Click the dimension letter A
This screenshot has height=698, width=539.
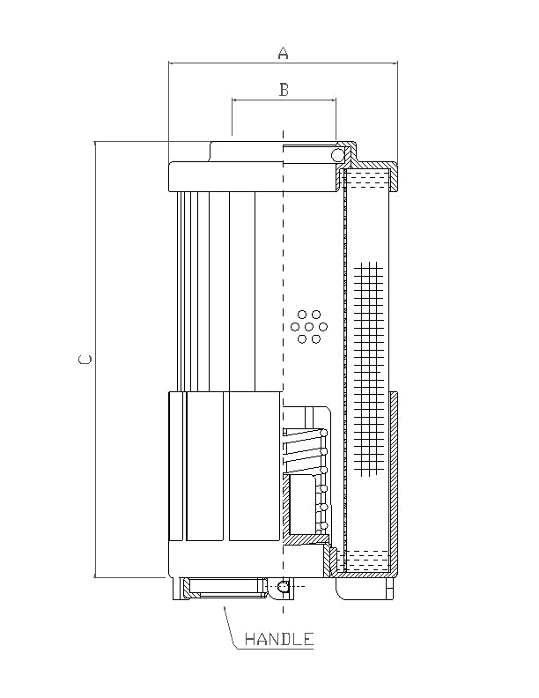point(283,53)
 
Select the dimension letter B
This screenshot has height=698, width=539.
point(284,89)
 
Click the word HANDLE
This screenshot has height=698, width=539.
point(279,639)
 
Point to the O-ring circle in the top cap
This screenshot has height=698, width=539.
point(337,156)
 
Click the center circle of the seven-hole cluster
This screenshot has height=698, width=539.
point(309,326)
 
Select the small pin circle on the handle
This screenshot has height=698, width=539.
point(282,586)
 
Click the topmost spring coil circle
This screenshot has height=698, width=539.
point(323,432)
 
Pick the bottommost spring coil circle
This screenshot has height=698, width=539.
point(324,526)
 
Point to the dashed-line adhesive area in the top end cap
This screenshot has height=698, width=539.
point(368,181)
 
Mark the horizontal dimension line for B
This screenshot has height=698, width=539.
point(284,100)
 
